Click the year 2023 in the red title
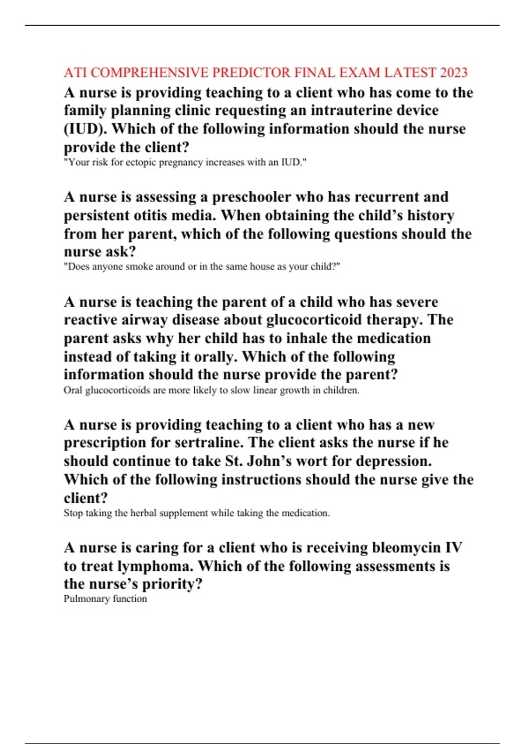[454, 72]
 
